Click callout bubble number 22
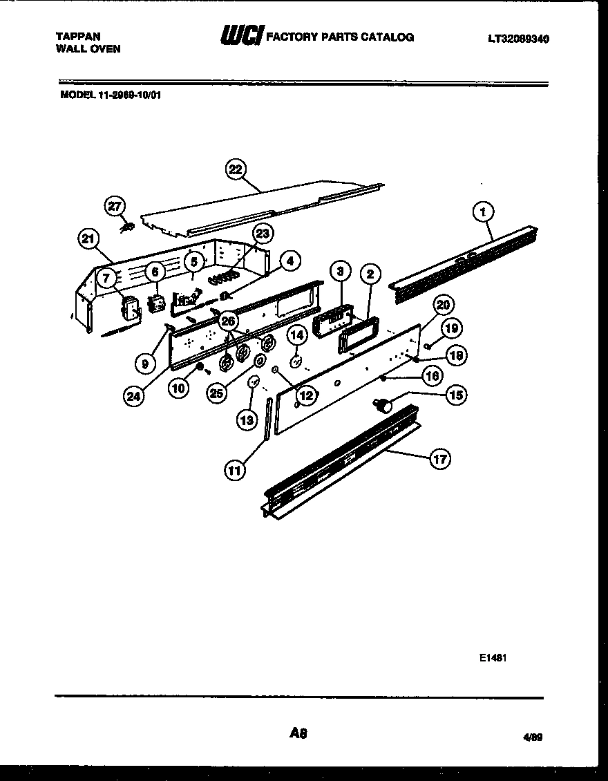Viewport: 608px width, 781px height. [236, 170]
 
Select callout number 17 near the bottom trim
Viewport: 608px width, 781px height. [439, 458]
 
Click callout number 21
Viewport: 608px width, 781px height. [88, 239]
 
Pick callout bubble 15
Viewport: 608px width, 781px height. [455, 395]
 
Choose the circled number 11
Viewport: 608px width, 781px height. [235, 470]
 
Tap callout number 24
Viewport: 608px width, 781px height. [135, 395]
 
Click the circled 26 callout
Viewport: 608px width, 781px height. [228, 320]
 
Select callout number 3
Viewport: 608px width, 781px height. [340, 272]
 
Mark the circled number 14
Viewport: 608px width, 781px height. [296, 336]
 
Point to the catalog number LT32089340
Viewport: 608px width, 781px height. [518, 39]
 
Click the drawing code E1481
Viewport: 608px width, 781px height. [493, 659]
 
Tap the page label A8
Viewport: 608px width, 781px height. [298, 733]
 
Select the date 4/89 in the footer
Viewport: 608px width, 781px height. [533, 737]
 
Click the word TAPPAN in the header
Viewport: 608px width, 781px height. [77, 36]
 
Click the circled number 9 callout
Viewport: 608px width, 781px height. [144, 363]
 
